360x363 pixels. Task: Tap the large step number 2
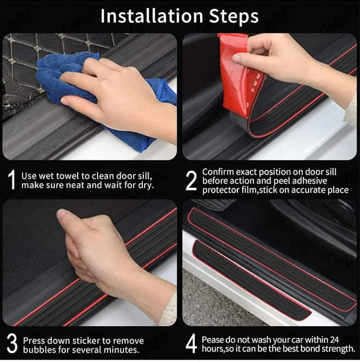point(191,181)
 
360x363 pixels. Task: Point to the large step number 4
point(191,344)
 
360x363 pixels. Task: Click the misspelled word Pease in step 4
point(212,340)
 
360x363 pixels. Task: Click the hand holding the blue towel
point(113,95)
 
